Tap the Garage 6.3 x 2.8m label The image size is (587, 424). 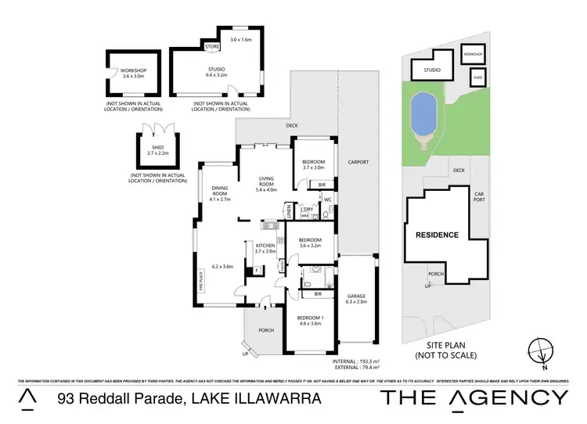pyautogui.click(x=356, y=298)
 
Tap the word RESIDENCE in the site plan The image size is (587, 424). pyautogui.click(x=437, y=234)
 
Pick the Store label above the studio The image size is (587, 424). pyautogui.click(x=212, y=48)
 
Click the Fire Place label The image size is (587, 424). pyautogui.click(x=200, y=281)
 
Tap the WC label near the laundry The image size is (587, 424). pyautogui.click(x=329, y=200)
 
